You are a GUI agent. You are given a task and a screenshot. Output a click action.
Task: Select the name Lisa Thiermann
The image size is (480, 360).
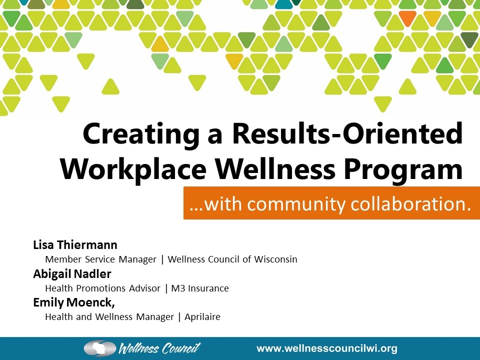(x=75, y=245)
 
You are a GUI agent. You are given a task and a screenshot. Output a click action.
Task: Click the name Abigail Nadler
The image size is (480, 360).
(x=72, y=274)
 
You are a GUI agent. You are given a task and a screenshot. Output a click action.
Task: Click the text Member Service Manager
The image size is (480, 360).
(x=100, y=259)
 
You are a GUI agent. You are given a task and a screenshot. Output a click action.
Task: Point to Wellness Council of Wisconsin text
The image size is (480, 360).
(x=232, y=259)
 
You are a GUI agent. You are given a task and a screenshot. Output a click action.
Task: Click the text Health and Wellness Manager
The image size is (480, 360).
(x=109, y=317)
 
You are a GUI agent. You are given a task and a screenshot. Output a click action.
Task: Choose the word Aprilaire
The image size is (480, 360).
(x=202, y=317)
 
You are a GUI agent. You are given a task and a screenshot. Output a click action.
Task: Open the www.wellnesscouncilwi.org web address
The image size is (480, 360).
(x=327, y=348)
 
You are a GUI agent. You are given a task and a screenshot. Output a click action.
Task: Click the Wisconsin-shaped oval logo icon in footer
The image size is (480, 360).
(x=100, y=348)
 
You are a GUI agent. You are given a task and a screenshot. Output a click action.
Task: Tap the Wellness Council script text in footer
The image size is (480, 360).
(x=159, y=348)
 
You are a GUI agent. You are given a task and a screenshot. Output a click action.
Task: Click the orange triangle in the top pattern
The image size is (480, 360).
(x=408, y=18)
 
